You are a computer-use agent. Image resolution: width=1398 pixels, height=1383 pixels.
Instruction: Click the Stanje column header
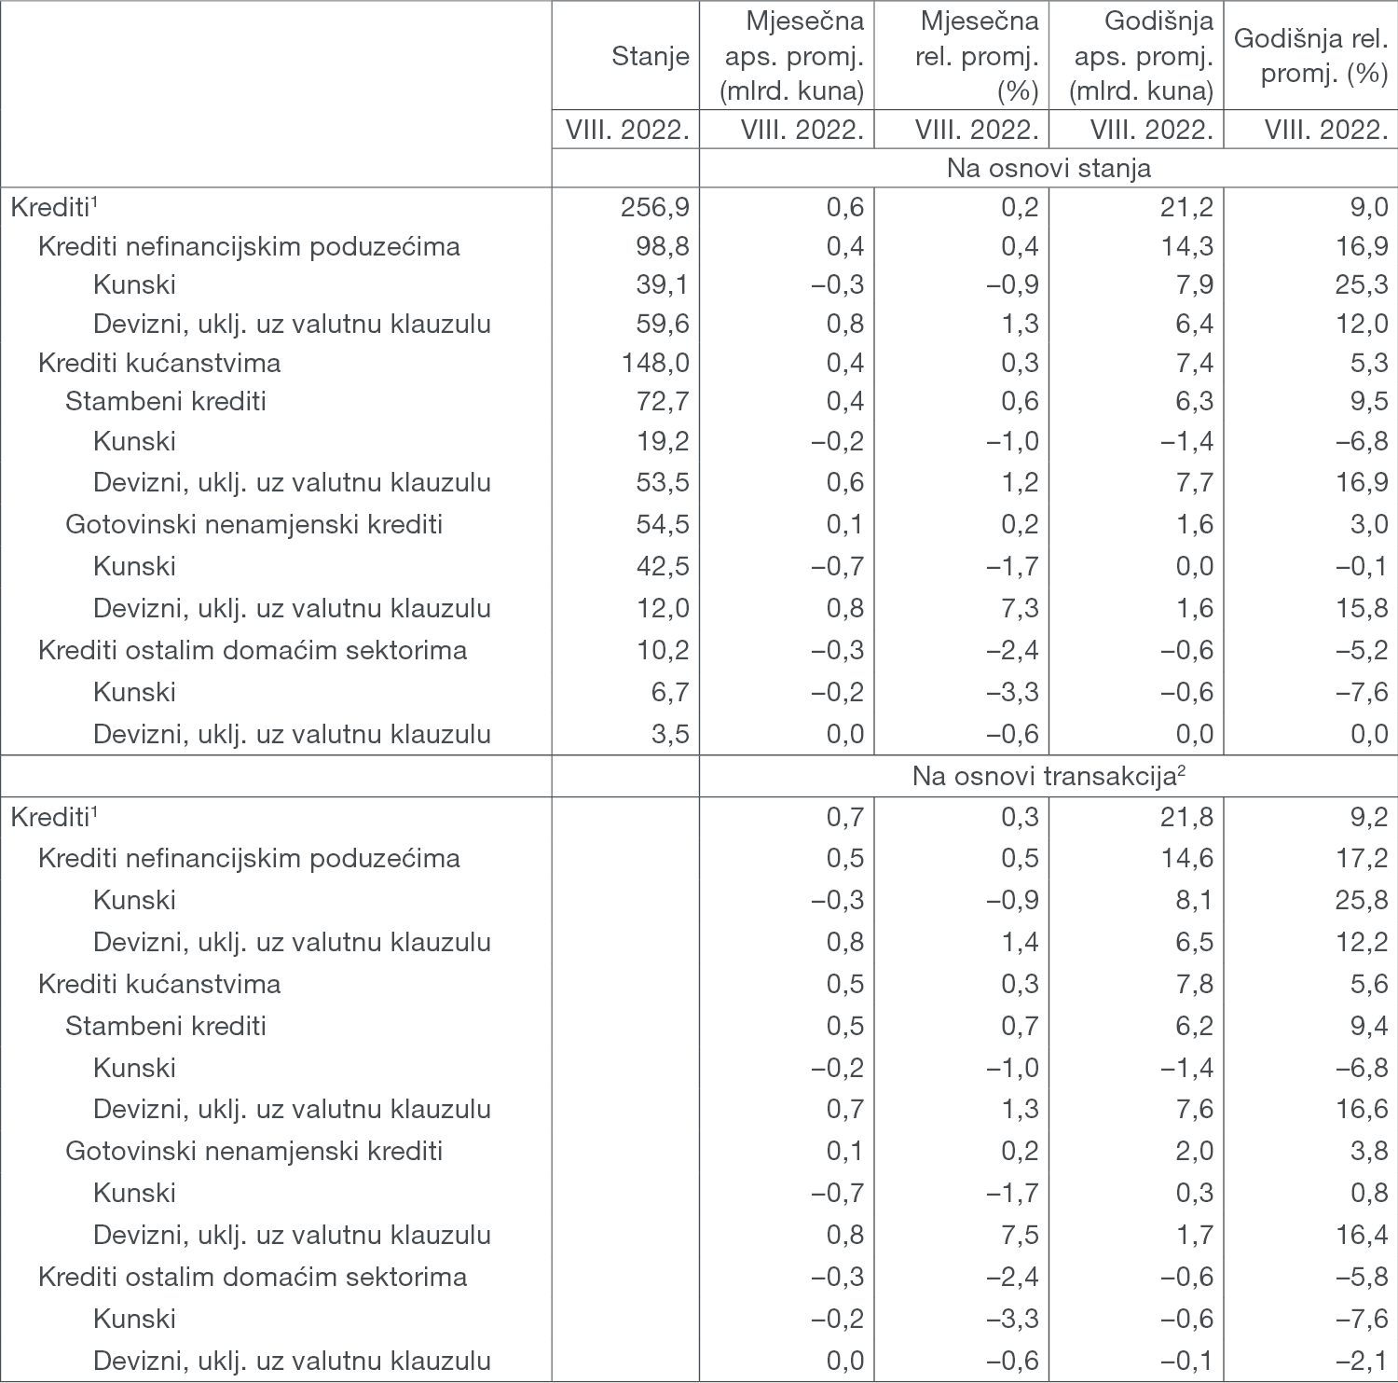tap(650, 56)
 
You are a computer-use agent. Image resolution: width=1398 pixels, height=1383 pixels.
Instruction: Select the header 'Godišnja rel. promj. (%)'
tap(1310, 56)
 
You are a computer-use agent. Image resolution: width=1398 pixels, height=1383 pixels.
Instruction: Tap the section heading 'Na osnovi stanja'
tap(1048, 168)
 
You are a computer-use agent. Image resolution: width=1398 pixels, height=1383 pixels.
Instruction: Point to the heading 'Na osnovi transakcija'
tap(1048, 776)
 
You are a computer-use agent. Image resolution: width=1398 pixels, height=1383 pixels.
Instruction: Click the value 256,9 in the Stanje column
tap(654, 206)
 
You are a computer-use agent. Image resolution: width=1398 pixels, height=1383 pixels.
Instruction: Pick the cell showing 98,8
tap(663, 246)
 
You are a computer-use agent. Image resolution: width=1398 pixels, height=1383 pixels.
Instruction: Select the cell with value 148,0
tap(655, 363)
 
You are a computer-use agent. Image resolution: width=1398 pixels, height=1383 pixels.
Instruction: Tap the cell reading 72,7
tap(663, 401)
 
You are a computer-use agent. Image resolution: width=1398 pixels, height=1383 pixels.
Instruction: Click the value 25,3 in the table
tap(1361, 284)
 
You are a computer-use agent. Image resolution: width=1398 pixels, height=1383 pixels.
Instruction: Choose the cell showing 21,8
tap(1186, 817)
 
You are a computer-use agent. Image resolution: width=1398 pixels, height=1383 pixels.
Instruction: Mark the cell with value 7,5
tap(1020, 1235)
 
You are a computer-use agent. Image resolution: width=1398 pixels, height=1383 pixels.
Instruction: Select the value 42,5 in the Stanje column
tap(663, 566)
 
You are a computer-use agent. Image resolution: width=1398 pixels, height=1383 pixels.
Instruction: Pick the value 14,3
tap(1186, 246)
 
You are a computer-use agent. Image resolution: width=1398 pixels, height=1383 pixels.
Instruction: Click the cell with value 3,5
tap(670, 734)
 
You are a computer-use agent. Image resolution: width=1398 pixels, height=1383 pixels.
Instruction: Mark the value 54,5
tap(663, 524)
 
